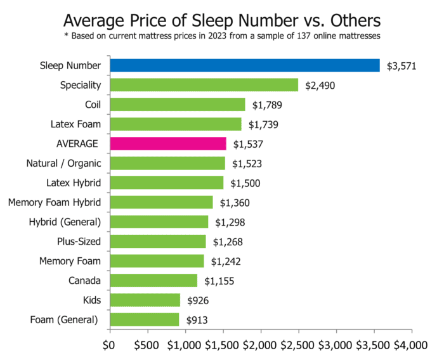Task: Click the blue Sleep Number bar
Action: (x=245, y=65)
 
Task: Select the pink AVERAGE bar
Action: (x=168, y=144)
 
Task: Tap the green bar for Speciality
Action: (x=204, y=85)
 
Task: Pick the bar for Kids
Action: (x=145, y=300)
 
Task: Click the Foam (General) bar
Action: (x=145, y=319)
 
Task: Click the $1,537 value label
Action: (x=247, y=144)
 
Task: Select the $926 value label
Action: (x=197, y=300)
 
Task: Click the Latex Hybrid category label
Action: (x=72, y=183)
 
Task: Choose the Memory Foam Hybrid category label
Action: (x=55, y=203)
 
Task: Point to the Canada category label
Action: (x=83, y=280)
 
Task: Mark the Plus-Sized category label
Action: (x=78, y=241)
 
